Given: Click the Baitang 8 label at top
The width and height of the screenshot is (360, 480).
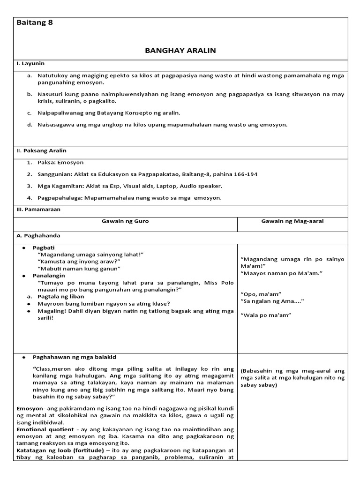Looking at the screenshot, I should point(35,23).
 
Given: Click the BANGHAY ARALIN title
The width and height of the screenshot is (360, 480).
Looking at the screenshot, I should point(180,50).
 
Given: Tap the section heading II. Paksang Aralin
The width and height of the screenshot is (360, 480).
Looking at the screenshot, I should point(41,150).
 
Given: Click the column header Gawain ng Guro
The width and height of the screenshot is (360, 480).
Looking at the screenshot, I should point(126,221).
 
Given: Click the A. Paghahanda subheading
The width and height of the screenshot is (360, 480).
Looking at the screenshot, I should point(40,236).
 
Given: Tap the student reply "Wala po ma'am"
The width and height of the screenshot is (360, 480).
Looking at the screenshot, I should point(265,315).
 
